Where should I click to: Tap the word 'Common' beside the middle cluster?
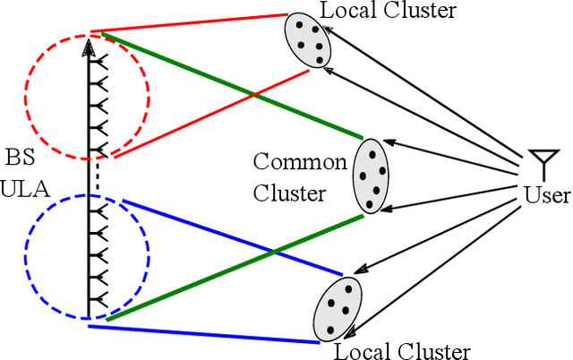pyautogui.click(x=299, y=162)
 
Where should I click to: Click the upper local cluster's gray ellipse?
pyautogui.click(x=305, y=42)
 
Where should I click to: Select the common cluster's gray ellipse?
pyautogui.click(x=370, y=175)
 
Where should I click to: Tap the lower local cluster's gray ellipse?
pyautogui.click(x=338, y=307)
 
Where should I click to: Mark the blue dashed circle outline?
pyautogui.click(x=27, y=255)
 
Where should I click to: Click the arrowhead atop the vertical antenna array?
pyautogui.click(x=88, y=47)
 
